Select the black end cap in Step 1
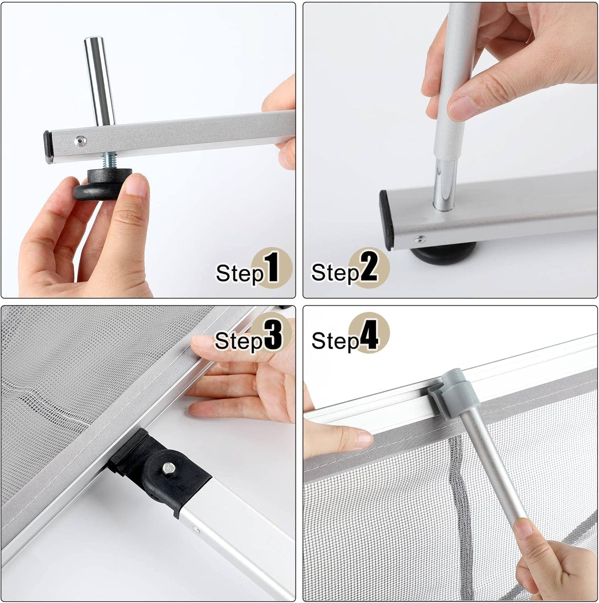point(48,147)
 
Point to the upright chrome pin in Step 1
point(99,79)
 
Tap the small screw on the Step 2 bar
point(421,239)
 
